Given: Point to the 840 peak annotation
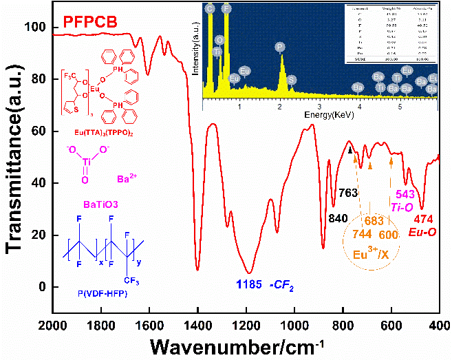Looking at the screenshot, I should coord(337,219).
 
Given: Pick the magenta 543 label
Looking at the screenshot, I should coord(405,193).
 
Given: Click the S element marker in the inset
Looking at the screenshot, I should coord(292,80).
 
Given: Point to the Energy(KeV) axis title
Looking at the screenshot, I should coord(321,112).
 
